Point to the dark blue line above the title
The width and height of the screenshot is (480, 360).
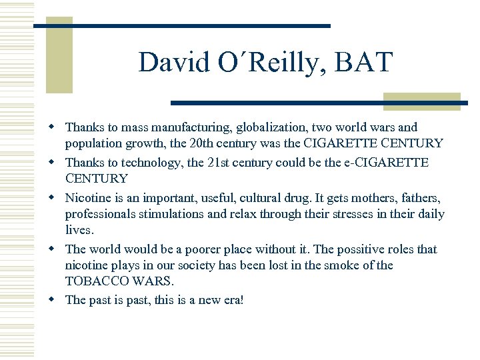182,26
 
